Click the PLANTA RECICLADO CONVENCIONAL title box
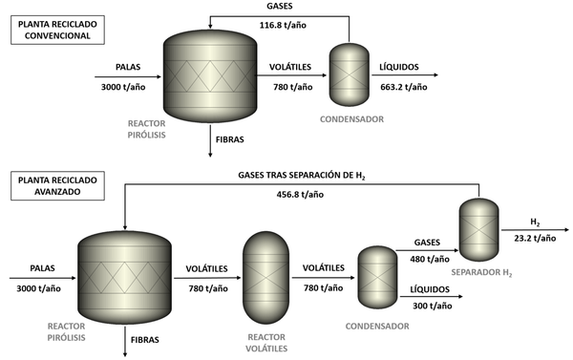tap(53, 30)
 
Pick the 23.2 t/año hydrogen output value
tap(534, 239)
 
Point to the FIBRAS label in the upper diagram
tap(231, 139)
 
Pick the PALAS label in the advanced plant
tap(36, 270)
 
